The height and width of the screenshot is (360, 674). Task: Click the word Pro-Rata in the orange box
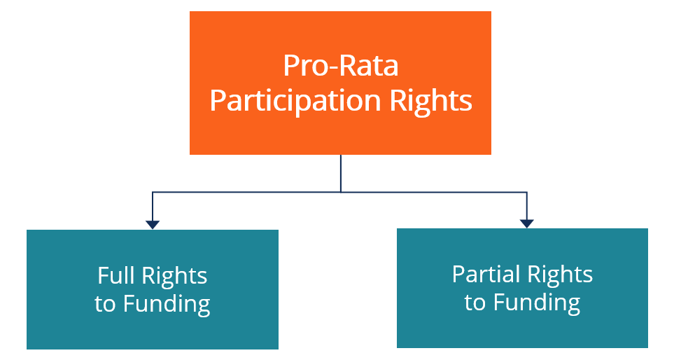click(x=341, y=66)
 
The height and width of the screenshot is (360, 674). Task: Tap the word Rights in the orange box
click(x=431, y=102)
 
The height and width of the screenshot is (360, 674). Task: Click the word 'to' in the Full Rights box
click(x=105, y=305)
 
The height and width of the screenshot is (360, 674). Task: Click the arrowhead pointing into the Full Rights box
click(x=153, y=224)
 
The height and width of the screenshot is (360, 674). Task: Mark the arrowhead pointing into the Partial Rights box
click(x=527, y=223)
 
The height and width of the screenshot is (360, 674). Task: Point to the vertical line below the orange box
click(x=341, y=172)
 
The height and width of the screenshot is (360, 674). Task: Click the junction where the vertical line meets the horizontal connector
click(x=341, y=191)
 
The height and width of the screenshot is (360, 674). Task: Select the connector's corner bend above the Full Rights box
click(x=153, y=191)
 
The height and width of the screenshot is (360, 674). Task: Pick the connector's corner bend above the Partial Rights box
click(x=527, y=191)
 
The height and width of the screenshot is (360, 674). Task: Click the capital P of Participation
click(x=217, y=102)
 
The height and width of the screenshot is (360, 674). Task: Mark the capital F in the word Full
click(x=103, y=275)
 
